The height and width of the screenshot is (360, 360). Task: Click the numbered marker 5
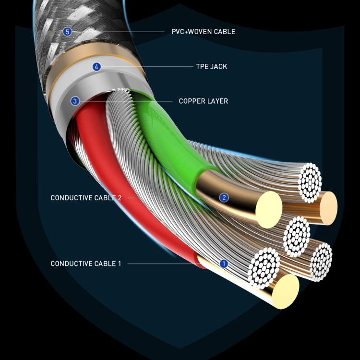67,32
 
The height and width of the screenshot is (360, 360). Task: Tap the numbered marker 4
96,67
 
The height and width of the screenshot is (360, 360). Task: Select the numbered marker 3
74,101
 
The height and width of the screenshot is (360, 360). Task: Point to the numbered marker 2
224,197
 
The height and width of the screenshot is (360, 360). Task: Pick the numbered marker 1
223,264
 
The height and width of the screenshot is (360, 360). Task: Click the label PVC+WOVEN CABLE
204,32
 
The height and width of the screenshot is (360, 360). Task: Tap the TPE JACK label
211,67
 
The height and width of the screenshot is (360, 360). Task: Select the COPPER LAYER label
203,101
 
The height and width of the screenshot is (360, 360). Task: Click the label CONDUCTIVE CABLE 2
86,198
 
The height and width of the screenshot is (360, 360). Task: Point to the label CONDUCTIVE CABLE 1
86,264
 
